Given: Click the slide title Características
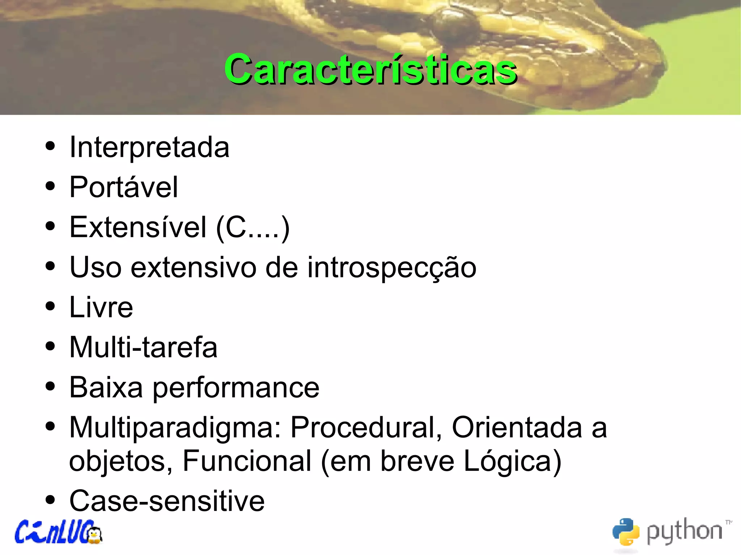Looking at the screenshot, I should coord(370,69).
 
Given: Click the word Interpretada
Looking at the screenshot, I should coord(149,148).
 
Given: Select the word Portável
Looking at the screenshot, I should coord(123,187).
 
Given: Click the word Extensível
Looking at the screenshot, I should coord(138,227).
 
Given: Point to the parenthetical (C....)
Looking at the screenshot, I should coord(253,228).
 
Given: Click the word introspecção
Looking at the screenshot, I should coord(392,268).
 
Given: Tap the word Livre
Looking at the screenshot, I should coord(101,307).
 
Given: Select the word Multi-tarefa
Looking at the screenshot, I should coord(143,347).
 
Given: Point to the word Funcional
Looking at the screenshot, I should coord(247,461).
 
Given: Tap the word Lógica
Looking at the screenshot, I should coord(512,461).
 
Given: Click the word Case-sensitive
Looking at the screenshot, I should coord(167,501).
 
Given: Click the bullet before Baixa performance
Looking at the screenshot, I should coord(50,386).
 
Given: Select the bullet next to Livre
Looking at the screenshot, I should coord(50,306).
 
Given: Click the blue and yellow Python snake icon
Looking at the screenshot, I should coord(626,531).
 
